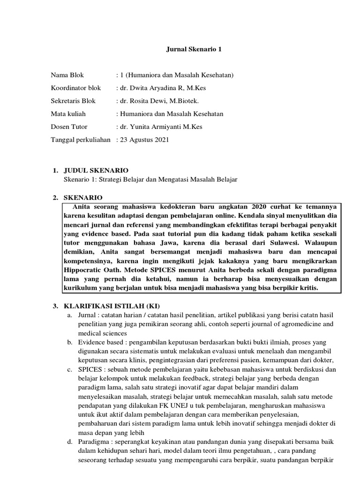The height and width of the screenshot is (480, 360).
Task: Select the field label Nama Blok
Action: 67,75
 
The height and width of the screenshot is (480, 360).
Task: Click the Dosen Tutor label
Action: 69,127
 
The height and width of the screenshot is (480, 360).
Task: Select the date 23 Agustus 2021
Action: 143,140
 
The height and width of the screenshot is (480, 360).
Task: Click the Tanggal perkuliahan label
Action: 81,140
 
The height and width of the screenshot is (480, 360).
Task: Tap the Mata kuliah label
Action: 68,114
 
